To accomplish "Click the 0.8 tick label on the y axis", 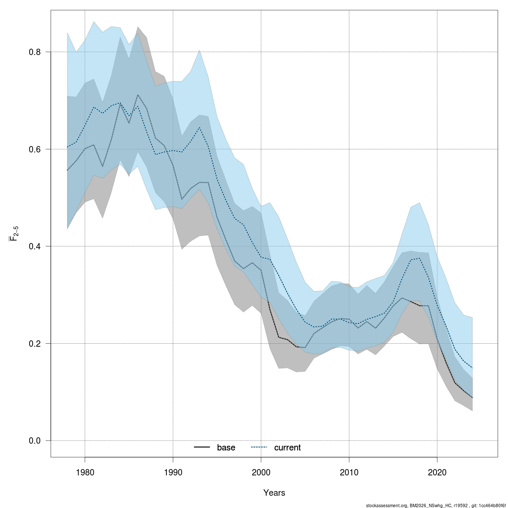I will tap(34, 52).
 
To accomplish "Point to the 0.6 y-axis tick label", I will tap(34, 149).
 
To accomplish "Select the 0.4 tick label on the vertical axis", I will tap(34, 246).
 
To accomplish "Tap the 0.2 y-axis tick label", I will tap(34, 343).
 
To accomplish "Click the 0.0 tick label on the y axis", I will tap(34, 441).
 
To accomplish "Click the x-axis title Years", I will tap(274, 493).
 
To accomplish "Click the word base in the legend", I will tap(226, 447).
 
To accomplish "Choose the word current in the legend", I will tap(287, 447).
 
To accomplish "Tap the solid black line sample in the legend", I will tap(202, 447).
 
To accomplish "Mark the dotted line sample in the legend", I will tap(260, 447).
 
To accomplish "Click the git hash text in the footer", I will tap(490, 505).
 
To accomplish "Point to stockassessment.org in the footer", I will tap(387, 505).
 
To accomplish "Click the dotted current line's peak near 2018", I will tap(419, 258).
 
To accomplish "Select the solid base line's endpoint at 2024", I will tap(472, 398).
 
